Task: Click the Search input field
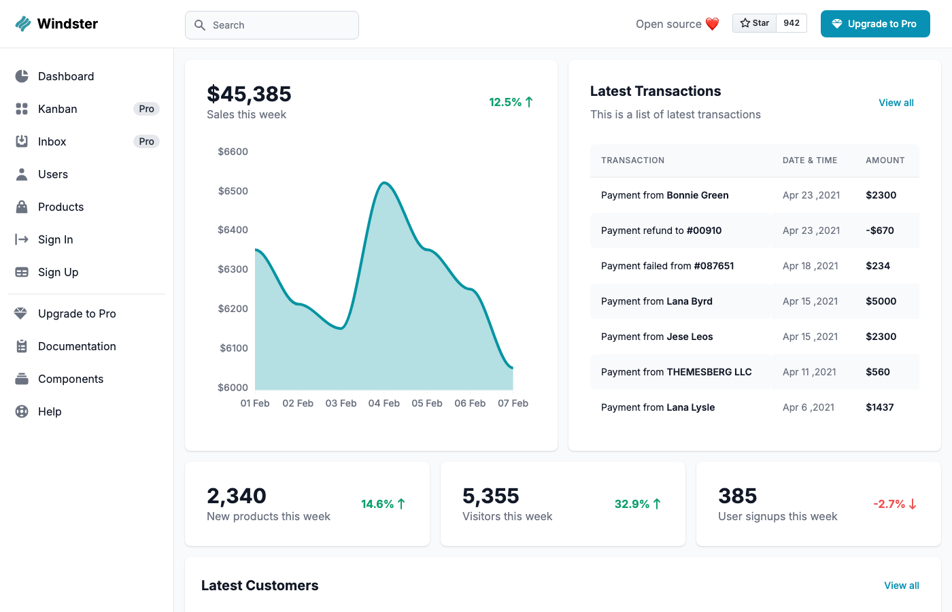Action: tap(272, 25)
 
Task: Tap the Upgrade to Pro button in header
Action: tap(875, 24)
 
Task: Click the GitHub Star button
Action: tap(755, 23)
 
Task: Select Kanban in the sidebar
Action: tap(58, 109)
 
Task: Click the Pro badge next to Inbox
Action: tap(146, 141)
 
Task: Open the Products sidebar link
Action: tap(61, 207)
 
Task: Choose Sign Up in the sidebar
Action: tap(58, 272)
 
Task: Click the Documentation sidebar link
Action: tap(77, 346)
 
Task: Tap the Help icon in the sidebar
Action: tap(22, 411)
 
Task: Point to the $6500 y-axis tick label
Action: tap(233, 191)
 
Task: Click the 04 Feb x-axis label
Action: tap(384, 403)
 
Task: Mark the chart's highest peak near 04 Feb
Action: tap(384, 183)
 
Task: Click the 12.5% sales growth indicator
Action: tap(511, 102)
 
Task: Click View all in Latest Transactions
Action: tap(896, 103)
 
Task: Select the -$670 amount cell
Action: tap(880, 231)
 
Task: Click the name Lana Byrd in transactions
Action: tap(690, 301)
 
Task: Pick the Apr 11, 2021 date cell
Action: tap(809, 372)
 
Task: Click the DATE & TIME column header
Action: tap(810, 160)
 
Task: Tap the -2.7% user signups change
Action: tap(894, 504)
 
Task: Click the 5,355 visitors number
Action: tap(491, 496)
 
